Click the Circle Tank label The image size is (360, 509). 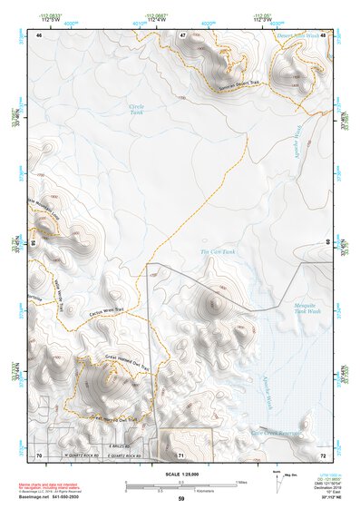(137, 111)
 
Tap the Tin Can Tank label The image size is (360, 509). (218, 252)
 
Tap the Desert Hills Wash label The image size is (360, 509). (298, 35)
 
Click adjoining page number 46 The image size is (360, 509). (39, 34)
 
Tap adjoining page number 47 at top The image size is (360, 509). (183, 34)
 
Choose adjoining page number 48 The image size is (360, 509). (323, 34)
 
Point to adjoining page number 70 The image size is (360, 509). (39, 454)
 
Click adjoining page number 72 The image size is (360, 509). (323, 454)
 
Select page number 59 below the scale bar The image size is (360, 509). (181, 499)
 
